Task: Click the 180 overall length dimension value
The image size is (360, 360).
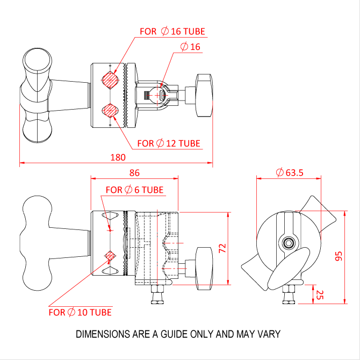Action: tap(118, 157)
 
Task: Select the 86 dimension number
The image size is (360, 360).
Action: tap(134, 172)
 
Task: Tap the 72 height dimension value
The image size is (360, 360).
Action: tap(222, 248)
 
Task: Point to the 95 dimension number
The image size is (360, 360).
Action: tap(339, 256)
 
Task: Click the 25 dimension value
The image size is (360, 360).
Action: tap(320, 295)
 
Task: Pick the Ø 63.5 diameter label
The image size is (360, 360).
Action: tap(290, 172)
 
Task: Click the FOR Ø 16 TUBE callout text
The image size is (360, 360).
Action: tap(172, 31)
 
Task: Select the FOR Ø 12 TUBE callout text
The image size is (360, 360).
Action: tap(169, 143)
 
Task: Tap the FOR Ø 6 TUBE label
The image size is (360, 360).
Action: tap(134, 190)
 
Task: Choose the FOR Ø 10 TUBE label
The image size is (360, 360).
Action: tap(80, 312)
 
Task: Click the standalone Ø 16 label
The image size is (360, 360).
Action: tap(190, 47)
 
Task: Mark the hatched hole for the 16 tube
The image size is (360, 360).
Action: tap(110, 80)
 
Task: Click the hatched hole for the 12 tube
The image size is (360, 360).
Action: tap(110, 111)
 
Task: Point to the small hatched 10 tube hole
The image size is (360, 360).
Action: tap(110, 256)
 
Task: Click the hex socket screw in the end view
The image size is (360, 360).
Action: tap(289, 243)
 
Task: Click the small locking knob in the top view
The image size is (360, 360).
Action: tap(204, 95)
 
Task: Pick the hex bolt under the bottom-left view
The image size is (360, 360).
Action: tap(157, 294)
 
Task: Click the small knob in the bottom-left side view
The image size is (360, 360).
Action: tap(204, 269)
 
